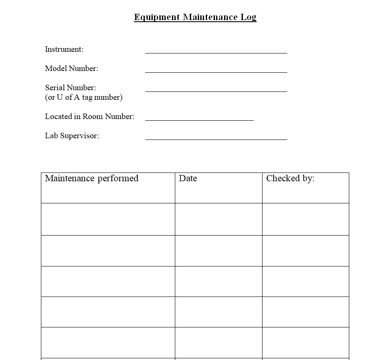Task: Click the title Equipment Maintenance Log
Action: pyautogui.click(x=195, y=17)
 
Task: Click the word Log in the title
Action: pyautogui.click(x=248, y=17)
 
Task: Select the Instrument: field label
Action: pyautogui.click(x=64, y=49)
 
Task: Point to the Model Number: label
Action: pyautogui.click(x=71, y=68)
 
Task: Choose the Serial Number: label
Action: pyautogui.click(x=71, y=88)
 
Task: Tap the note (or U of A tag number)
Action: pyautogui.click(x=83, y=97)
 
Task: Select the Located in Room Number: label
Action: pyautogui.click(x=90, y=117)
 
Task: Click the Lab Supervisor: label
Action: pyautogui.click(x=72, y=136)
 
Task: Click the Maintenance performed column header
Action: pyautogui.click(x=91, y=178)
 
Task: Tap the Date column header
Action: pyautogui.click(x=188, y=178)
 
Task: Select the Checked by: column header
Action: pyautogui.click(x=290, y=178)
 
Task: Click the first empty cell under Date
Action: pyautogui.click(x=218, y=219)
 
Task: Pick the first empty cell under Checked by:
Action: pyautogui.click(x=305, y=219)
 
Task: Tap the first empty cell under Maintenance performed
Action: pyautogui.click(x=108, y=219)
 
